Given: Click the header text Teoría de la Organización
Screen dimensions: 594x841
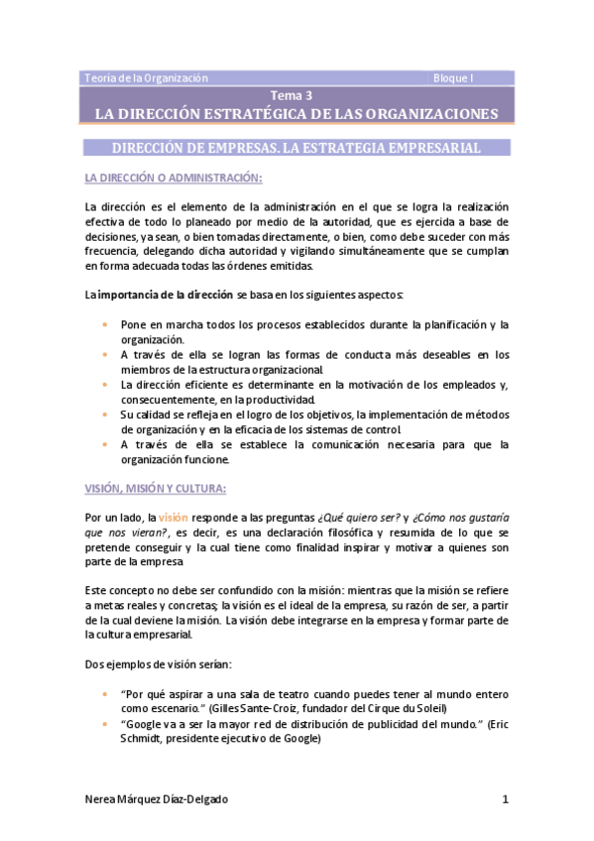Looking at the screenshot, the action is click(146, 77).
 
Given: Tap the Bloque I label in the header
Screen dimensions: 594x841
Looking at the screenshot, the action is click(453, 77).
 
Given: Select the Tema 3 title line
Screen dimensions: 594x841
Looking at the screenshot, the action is click(297, 95).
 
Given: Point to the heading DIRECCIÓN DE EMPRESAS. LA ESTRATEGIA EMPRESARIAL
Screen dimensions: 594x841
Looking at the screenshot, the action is click(297, 148).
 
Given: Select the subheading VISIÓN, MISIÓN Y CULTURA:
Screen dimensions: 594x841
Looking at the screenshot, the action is click(156, 488).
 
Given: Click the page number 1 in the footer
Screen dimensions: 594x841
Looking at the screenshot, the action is click(505, 799).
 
